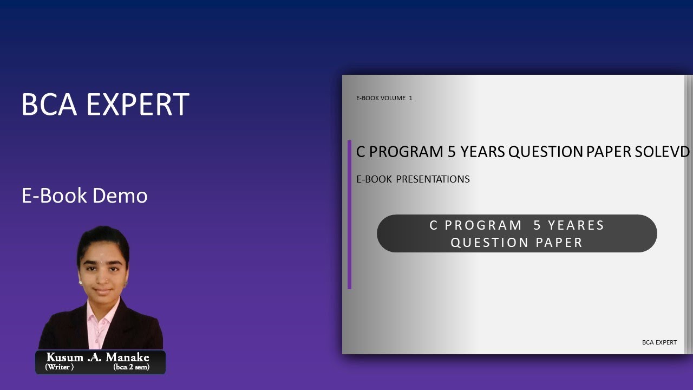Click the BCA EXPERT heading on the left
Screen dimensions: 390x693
[x=105, y=105]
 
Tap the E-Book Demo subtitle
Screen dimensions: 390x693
[x=84, y=196]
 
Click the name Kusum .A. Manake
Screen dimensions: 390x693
[x=97, y=357]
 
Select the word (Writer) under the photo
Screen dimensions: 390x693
[x=59, y=367]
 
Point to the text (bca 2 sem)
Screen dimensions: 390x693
[x=131, y=367]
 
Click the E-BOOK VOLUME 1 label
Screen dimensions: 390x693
[x=384, y=98]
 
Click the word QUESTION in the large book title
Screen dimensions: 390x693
[x=546, y=152]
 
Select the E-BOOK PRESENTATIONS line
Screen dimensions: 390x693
[x=413, y=179]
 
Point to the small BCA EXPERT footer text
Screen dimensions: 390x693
[x=659, y=342]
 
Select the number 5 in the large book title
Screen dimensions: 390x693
[x=452, y=152]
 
